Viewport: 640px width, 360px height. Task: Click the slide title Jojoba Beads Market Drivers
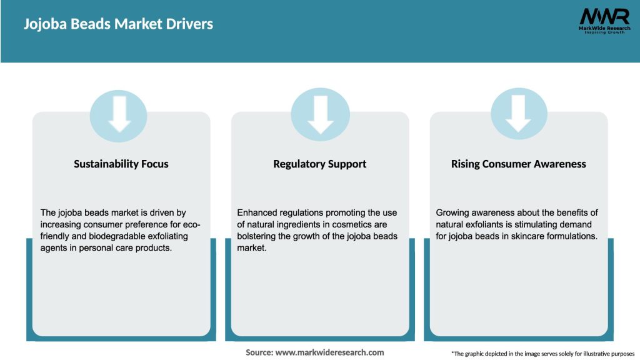[x=118, y=24]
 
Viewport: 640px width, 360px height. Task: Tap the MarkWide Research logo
[x=604, y=21]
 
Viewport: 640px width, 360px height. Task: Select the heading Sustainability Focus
[x=121, y=164]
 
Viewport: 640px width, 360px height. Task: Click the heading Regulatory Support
[x=319, y=164]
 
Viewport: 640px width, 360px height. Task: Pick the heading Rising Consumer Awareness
[x=518, y=164]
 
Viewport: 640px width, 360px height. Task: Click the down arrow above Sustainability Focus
[x=119, y=114]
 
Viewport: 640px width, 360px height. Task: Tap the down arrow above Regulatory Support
[x=321, y=115]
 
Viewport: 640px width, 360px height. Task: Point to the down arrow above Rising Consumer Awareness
[x=518, y=114]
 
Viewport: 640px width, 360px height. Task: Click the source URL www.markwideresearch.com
[x=330, y=352]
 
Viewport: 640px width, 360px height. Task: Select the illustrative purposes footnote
[x=543, y=354]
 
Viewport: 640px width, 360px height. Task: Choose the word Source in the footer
[x=259, y=352]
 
